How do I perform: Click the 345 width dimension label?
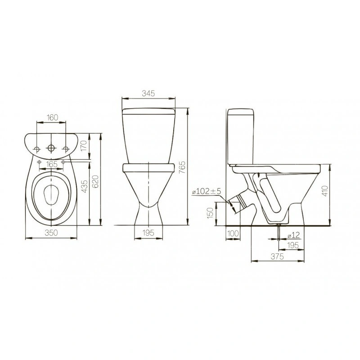148,94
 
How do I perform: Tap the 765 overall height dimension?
182,167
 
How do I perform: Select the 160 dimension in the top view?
53,117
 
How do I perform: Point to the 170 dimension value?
84,146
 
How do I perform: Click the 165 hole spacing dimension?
51,164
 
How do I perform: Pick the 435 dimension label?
84,186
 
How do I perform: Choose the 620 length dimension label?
95,181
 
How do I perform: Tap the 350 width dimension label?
51,233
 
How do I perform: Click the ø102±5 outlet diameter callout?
207,191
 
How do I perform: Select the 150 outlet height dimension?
210,213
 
